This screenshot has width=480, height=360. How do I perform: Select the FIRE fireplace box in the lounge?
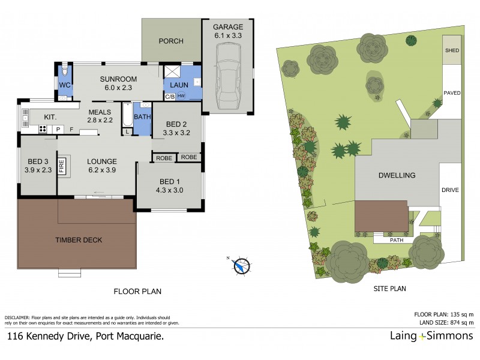[61, 165]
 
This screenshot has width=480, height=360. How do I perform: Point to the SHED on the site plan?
[452, 51]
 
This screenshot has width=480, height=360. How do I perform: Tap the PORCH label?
[171, 41]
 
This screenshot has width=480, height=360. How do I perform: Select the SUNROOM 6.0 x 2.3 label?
[118, 83]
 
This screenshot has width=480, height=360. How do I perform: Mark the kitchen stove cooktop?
[44, 128]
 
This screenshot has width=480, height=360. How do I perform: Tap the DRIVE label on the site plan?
[450, 190]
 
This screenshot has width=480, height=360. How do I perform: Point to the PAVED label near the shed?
[452, 92]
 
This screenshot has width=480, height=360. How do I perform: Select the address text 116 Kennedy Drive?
[85, 337]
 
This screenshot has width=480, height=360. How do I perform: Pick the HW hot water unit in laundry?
[181, 96]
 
